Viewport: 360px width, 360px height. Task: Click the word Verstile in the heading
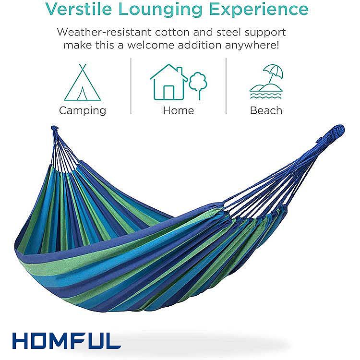click(78, 9)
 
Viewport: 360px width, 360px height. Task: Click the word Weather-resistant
click(104, 32)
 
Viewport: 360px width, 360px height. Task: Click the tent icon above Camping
click(83, 82)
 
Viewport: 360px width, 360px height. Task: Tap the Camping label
click(83, 111)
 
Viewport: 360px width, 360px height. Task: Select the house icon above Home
click(168, 82)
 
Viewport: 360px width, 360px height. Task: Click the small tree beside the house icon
click(198, 85)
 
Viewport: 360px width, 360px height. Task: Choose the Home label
click(179, 110)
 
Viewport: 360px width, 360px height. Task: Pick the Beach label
click(266, 110)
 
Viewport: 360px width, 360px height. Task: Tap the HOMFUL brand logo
click(67, 341)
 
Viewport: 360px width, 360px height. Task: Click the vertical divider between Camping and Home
click(131, 86)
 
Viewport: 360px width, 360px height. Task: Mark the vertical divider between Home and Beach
click(226, 86)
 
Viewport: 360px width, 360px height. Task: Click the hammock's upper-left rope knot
click(54, 129)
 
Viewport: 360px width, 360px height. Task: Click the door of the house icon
click(168, 92)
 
